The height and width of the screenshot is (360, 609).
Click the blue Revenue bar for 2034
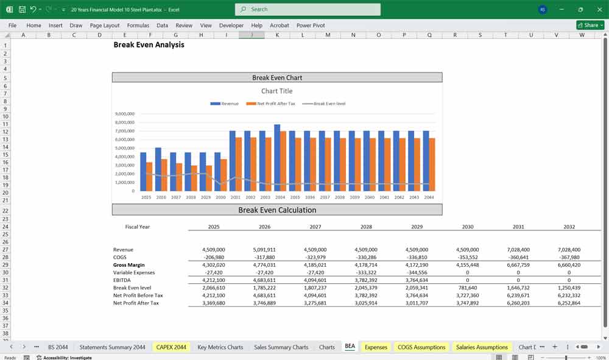(277, 158)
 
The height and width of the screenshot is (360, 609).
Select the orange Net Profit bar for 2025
(149, 177)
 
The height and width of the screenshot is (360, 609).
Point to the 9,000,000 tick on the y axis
(124, 114)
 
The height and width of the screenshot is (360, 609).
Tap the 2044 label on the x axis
(429, 197)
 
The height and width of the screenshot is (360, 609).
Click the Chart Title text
(277, 91)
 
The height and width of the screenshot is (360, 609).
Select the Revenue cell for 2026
(264, 250)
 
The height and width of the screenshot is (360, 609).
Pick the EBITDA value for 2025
(214, 280)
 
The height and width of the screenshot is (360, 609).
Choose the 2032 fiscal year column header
(569, 227)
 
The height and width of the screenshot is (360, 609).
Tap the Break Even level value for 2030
(467, 288)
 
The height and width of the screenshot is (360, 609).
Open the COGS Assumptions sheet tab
(421, 347)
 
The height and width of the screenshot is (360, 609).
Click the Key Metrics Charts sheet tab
(220, 347)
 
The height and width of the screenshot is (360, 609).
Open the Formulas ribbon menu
(138, 26)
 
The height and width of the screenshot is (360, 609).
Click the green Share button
(590, 25)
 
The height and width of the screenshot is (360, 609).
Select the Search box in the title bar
(308, 9)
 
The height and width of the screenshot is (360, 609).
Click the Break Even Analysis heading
(149, 45)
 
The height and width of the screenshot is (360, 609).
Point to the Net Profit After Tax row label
(136, 303)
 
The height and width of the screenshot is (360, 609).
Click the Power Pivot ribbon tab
(311, 26)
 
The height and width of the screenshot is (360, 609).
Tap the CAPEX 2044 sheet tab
(171, 347)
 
